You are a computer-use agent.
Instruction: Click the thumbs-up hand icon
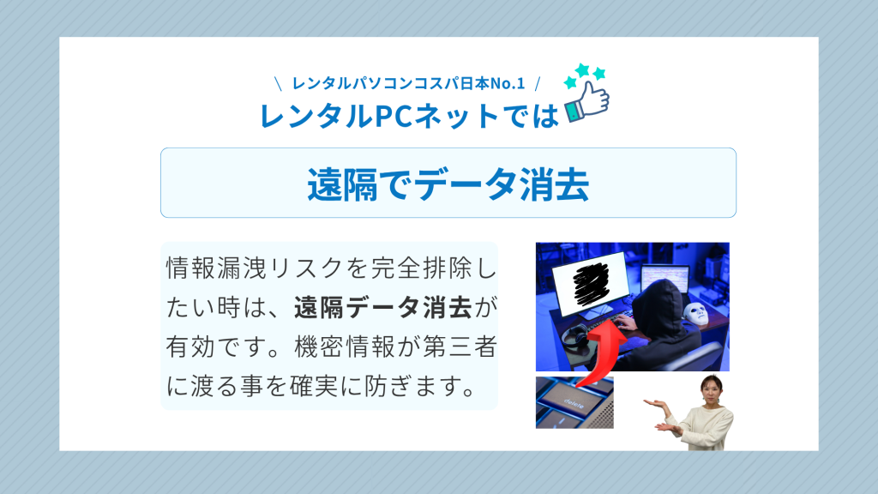(587, 101)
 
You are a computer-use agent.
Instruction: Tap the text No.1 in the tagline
(508, 83)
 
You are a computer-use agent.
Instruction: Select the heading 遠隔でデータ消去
(448, 184)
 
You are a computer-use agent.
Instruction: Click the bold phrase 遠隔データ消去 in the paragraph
(383, 308)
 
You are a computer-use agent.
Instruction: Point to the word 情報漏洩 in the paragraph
(215, 268)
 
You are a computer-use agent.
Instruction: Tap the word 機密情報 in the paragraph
(345, 346)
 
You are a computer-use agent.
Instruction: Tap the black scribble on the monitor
(591, 283)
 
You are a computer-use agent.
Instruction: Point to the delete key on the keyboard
(574, 402)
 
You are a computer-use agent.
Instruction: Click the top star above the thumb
(583, 69)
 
